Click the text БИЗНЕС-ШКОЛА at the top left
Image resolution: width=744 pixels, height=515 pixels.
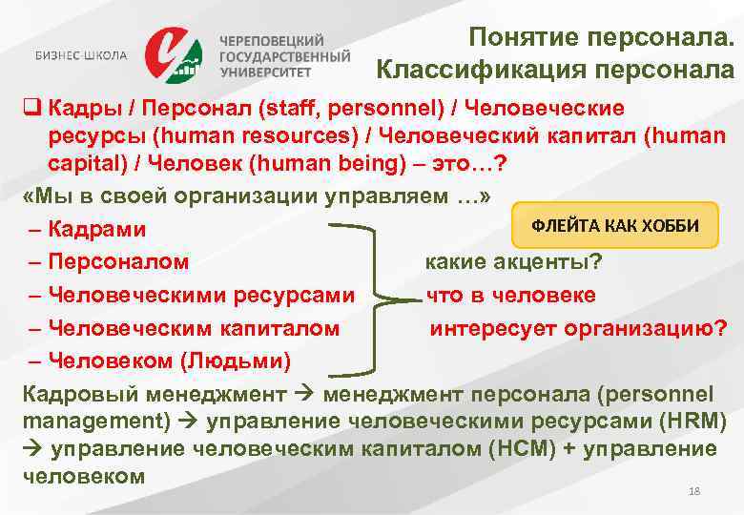pyautogui.click(x=80, y=55)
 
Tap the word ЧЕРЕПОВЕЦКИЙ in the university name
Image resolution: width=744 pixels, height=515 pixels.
pyautogui.click(x=272, y=40)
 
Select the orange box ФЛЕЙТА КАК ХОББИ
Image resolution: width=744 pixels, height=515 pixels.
pyautogui.click(x=614, y=225)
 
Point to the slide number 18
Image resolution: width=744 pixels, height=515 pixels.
pyautogui.click(x=694, y=490)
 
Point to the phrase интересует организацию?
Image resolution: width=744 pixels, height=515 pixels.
pyautogui.click(x=578, y=328)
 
